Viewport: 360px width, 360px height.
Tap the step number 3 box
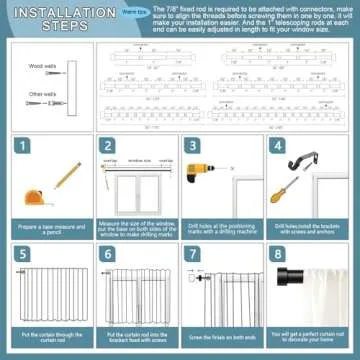(x=192, y=146)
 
